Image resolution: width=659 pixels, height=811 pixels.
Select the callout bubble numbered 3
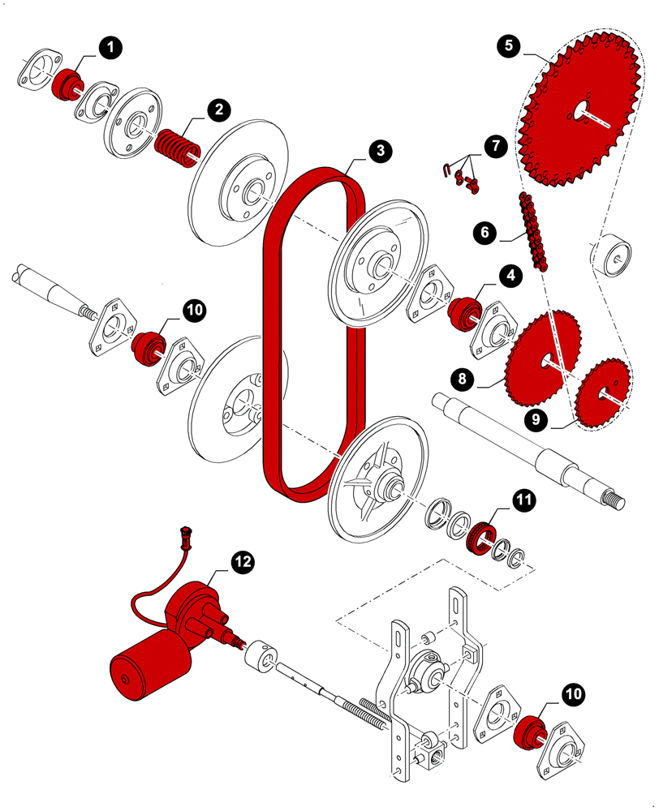click(x=379, y=151)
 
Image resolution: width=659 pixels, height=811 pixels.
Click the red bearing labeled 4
click(x=466, y=311)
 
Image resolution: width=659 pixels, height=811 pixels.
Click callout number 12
click(x=243, y=560)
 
